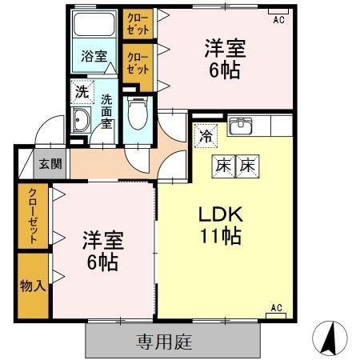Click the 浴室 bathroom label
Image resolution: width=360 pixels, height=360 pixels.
click(x=94, y=56)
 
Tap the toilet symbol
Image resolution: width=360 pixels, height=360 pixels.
click(x=138, y=113)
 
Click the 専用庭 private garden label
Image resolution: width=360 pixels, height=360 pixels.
click(x=165, y=342)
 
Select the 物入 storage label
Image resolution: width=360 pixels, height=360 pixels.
click(x=32, y=286)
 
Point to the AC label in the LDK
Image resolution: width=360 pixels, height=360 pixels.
click(x=276, y=307)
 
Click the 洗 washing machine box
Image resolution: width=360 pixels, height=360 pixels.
click(x=82, y=92)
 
